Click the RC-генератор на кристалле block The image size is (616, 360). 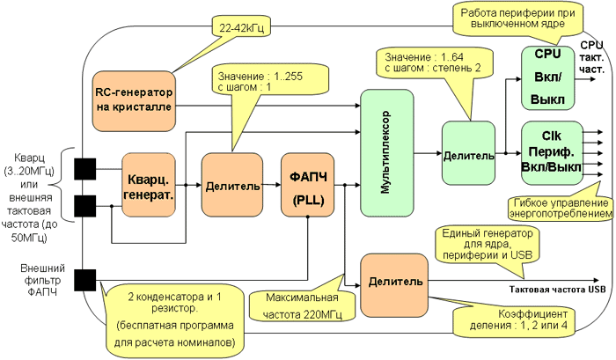coord(134,99)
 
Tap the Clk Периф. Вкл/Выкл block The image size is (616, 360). coord(549,151)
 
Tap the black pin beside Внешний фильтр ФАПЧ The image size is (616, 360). coord(85,281)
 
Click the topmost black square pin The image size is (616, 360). coord(85,167)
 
